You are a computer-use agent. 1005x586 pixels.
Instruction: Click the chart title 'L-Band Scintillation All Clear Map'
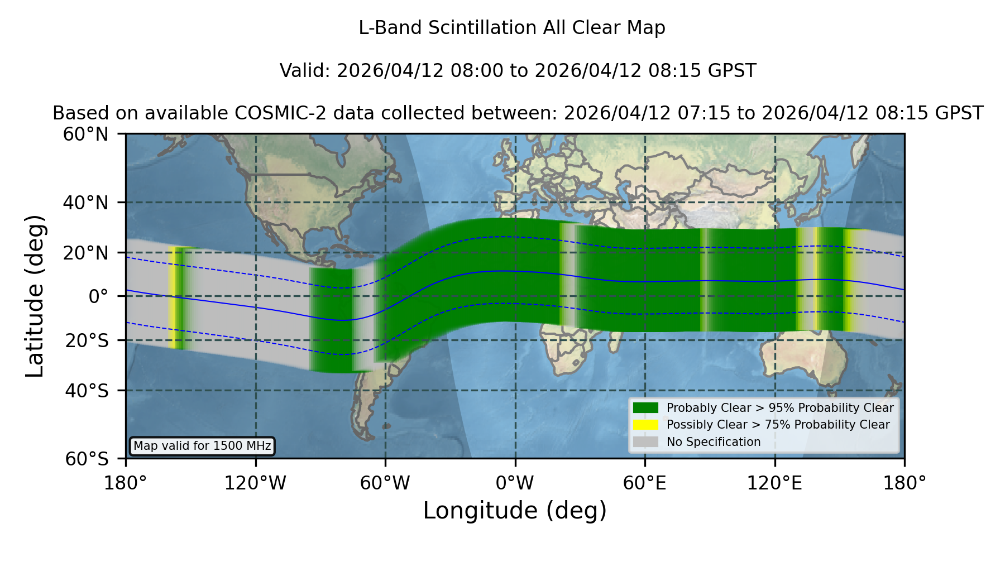(512, 28)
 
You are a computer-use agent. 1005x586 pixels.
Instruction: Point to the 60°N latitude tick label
(86, 135)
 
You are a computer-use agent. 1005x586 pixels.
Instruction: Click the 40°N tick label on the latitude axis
(86, 203)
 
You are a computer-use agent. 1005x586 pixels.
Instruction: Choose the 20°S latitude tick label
(87, 340)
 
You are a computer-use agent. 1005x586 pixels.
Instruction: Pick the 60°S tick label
(87, 459)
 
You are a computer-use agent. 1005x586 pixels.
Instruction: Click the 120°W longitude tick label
(255, 483)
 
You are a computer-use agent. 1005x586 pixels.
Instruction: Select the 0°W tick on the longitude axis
(515, 483)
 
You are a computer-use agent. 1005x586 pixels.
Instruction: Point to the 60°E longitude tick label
(645, 483)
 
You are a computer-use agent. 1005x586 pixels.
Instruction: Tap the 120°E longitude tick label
(775, 483)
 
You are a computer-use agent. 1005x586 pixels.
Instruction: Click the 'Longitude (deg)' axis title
(515, 511)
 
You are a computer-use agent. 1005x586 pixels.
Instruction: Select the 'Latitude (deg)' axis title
(35, 296)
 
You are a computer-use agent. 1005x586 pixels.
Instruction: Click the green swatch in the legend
(646, 407)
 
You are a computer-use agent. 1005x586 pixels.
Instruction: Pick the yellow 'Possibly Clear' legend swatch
(646, 425)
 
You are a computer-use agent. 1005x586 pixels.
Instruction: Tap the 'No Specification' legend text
(714, 442)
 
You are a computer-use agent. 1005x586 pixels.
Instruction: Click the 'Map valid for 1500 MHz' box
(202, 446)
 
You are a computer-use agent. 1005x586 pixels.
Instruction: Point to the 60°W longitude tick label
(385, 483)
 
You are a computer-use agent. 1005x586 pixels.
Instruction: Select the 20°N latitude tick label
(86, 253)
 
